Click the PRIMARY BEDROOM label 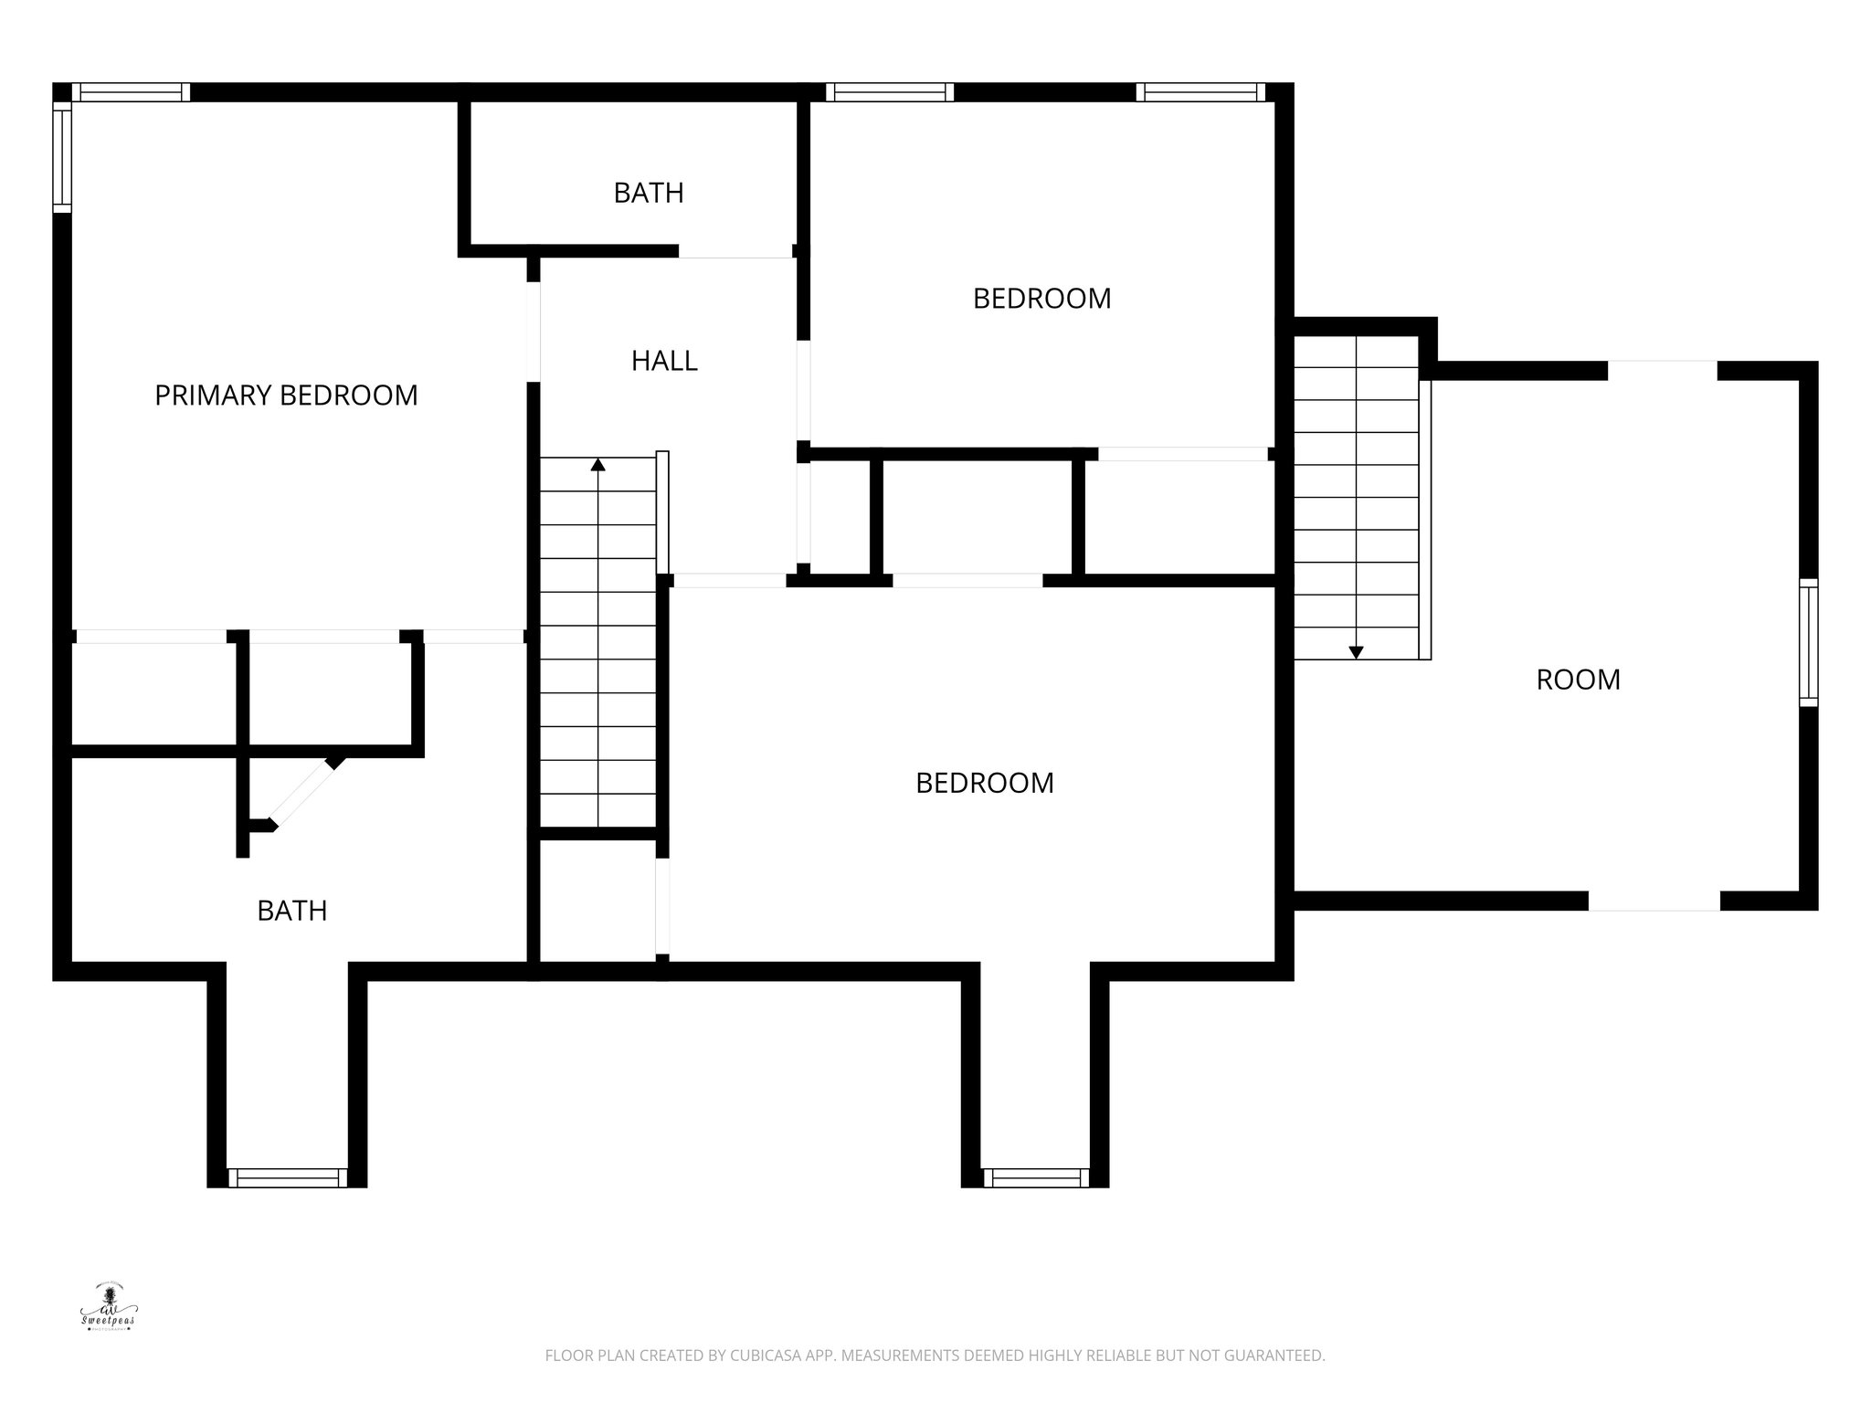[x=286, y=396]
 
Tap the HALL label [x=664, y=361]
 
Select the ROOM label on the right [x=1578, y=680]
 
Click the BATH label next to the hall [x=649, y=193]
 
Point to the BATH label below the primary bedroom [x=291, y=911]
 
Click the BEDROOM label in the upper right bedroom [x=1041, y=299]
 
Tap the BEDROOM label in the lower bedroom [x=984, y=783]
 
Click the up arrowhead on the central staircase [x=597, y=464]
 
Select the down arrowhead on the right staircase [x=1356, y=652]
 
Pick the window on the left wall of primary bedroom [x=62, y=157]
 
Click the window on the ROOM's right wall [x=1808, y=642]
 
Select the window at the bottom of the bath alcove [x=288, y=1178]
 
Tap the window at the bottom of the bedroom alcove [x=1036, y=1178]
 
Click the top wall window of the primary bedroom [x=131, y=92]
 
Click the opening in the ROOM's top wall [x=1662, y=370]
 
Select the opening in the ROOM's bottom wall [x=1654, y=901]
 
